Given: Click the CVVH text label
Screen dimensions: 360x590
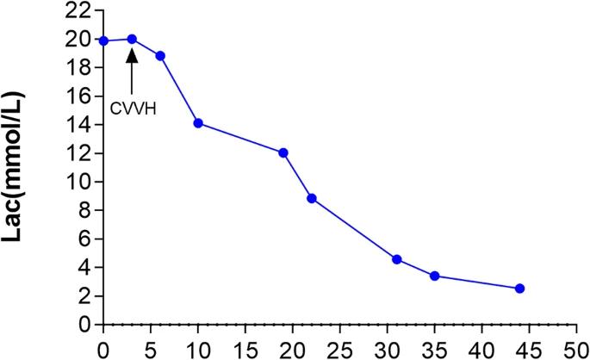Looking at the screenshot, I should tap(132, 110).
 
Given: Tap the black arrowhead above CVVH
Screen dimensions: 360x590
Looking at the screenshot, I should tap(132, 56).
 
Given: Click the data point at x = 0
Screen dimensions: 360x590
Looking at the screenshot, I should tap(103, 40).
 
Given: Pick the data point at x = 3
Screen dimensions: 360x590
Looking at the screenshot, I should tap(132, 39).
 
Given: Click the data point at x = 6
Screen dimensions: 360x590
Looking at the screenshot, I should tap(160, 56).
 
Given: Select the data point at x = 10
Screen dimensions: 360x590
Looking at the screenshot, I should tap(198, 123).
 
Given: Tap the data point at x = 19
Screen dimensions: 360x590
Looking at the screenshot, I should tap(283, 152).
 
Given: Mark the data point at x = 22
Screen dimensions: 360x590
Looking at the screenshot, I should tap(312, 198).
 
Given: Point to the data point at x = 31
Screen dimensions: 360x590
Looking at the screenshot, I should tap(397, 259).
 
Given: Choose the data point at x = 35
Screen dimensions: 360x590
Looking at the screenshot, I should tap(435, 276).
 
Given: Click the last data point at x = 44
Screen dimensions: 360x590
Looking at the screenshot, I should tap(520, 289).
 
